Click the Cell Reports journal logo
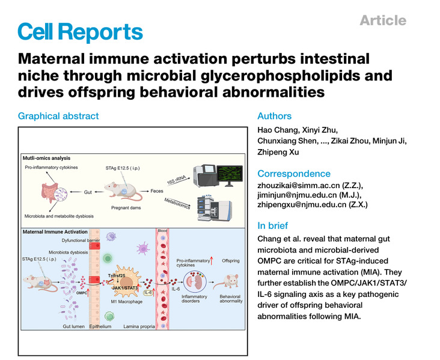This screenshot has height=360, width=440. click(x=81, y=31)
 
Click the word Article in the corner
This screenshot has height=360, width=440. click(x=382, y=20)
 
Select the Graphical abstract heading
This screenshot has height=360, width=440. click(x=58, y=116)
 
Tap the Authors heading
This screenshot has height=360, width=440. click(x=275, y=116)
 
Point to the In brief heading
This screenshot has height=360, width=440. click(x=273, y=226)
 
